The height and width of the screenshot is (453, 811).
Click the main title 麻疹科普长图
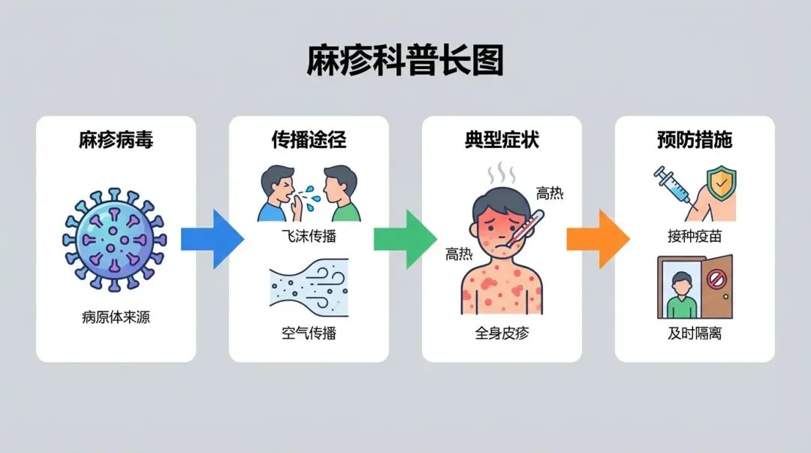[405, 61]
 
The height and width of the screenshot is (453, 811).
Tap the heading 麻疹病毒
[116, 140]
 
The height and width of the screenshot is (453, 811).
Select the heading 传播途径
[309, 140]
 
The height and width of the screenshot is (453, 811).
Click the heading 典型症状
[502, 140]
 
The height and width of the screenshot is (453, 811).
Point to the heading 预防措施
[695, 140]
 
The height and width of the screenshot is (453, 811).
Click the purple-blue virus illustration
[114, 240]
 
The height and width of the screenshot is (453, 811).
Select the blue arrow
[212, 240]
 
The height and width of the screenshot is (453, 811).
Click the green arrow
[405, 240]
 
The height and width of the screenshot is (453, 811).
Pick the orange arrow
[598, 240]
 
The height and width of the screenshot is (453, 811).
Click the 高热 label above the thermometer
[549, 194]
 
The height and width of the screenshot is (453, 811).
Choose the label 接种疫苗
[695, 236]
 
